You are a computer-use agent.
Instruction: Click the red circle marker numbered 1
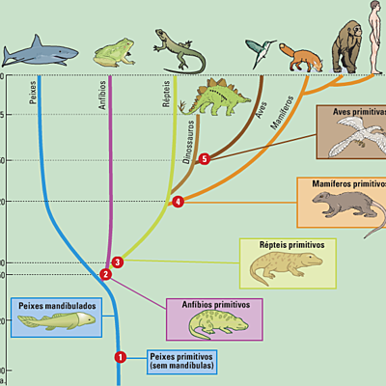121,356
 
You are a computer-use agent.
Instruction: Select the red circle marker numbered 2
106,274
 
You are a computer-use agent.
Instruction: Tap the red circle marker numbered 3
117,262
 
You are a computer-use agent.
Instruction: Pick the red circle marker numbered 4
178,202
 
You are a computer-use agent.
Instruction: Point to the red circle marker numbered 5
204,159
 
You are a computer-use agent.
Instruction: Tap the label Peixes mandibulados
55,304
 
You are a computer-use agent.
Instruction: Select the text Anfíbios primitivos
215,304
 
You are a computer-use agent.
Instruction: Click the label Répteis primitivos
291,245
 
